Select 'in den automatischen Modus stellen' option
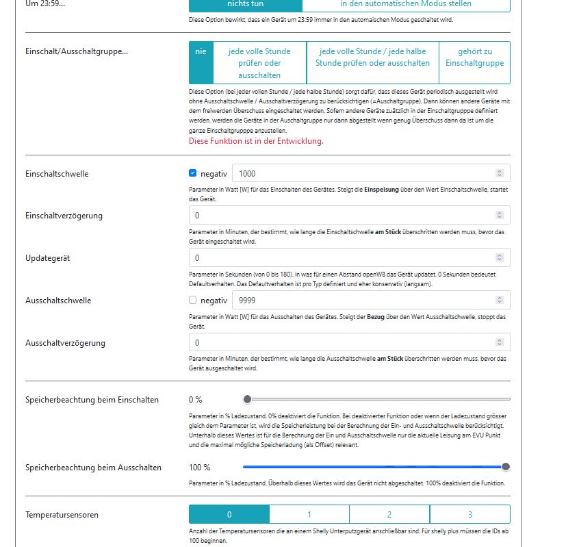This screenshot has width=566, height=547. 407,4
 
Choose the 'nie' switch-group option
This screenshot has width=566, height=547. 200,51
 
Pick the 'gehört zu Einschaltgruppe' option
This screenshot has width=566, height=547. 474,57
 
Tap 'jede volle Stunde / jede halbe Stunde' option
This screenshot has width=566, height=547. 372,57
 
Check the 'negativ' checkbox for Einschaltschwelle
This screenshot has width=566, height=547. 193,173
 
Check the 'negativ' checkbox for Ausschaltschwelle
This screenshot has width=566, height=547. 193,300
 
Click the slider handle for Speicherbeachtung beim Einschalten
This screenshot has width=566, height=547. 247,399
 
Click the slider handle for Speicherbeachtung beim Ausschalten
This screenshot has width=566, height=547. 506,467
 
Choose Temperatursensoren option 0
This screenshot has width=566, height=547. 229,514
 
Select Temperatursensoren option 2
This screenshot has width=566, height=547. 389,514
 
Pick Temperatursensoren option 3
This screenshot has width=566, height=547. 470,514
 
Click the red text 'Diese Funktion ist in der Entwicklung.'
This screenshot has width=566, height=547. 256,141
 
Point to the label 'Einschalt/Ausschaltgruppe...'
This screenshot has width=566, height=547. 77,51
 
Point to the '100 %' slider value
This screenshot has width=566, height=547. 200,468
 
